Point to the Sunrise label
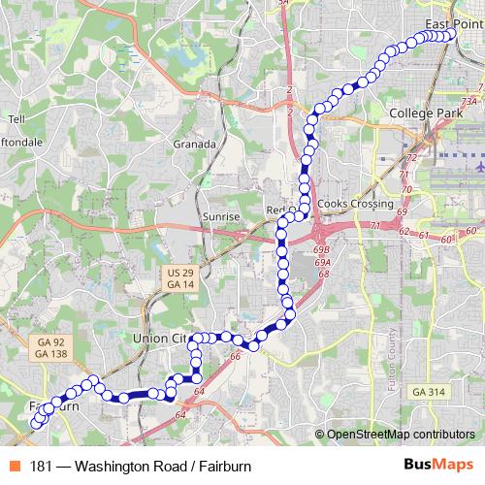(221, 216)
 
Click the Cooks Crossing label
(355, 205)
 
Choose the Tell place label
(15, 119)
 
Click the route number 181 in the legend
(42, 467)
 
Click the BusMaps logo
(437, 466)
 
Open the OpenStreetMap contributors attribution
(400, 436)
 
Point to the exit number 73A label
(470, 100)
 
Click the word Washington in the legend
(110, 467)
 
